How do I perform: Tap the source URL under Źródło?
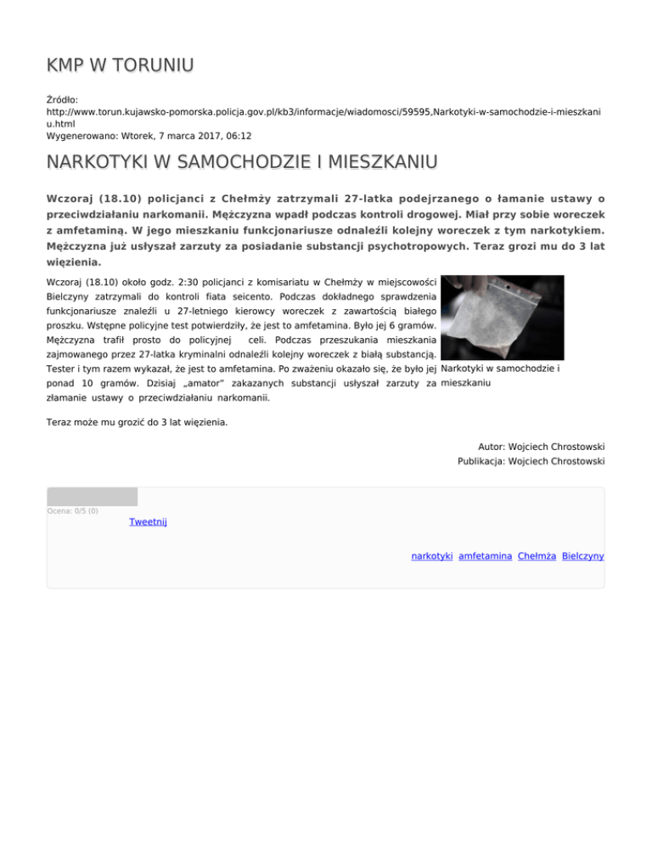(x=323, y=111)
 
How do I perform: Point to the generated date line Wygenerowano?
(x=149, y=135)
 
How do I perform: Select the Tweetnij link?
(x=148, y=521)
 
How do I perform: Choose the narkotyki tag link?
(x=431, y=555)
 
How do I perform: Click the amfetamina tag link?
(x=484, y=555)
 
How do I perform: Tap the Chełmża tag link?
(x=537, y=555)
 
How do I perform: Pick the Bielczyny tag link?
(x=582, y=555)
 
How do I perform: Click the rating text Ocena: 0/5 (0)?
(x=72, y=510)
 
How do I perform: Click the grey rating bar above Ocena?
(x=92, y=497)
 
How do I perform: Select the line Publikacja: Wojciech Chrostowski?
(x=531, y=462)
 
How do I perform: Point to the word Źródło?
(x=64, y=99)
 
